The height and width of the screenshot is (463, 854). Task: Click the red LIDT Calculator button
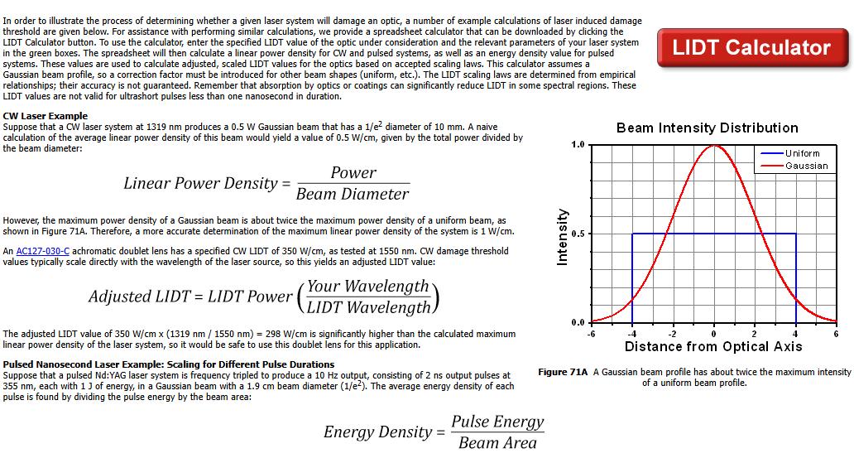coord(752,47)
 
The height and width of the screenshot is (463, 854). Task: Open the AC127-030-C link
coord(42,252)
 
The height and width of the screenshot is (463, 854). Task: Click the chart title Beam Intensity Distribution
coord(707,128)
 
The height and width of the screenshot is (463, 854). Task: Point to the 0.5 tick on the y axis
coord(578,234)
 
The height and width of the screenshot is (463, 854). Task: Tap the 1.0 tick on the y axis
coord(578,144)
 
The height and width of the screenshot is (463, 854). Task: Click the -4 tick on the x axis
coord(631,334)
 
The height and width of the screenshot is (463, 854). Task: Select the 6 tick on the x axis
coord(836,334)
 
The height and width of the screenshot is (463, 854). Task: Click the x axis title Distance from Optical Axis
coord(713,347)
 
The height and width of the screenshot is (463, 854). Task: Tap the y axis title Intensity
coord(562,237)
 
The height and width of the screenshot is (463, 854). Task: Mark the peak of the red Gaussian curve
coord(714,146)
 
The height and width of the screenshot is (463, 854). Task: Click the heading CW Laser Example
coord(46,116)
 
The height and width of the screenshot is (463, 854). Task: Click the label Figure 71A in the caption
coord(563,373)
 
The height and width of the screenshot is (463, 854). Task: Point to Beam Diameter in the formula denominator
coord(353,194)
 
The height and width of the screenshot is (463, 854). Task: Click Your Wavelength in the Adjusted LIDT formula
coord(368,287)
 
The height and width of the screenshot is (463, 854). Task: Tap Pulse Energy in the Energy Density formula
coord(498,422)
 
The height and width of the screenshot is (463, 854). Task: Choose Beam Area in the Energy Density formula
coord(498,443)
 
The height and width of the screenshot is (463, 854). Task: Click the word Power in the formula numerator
coord(353,173)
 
